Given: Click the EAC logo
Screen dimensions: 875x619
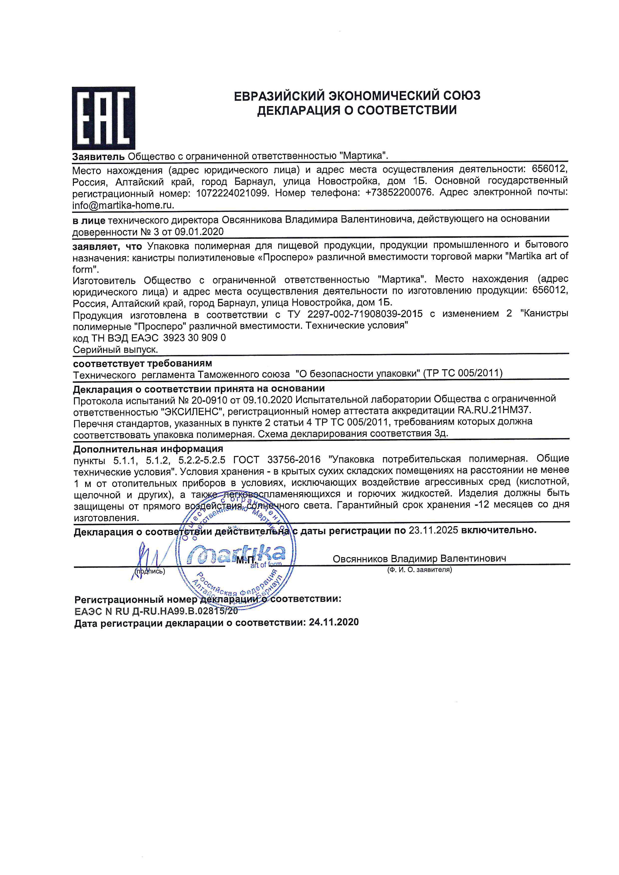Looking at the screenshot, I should pos(103,118).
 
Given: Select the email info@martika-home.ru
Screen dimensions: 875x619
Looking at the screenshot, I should pos(123,205).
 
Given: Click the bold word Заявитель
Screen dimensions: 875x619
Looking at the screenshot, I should pos(98,156).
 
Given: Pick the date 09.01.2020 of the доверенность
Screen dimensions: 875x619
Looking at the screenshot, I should pos(199,232).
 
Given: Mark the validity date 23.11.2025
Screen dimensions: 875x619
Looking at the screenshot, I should pos(433,530).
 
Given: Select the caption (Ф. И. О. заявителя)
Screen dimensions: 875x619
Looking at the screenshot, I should pos(419,570).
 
